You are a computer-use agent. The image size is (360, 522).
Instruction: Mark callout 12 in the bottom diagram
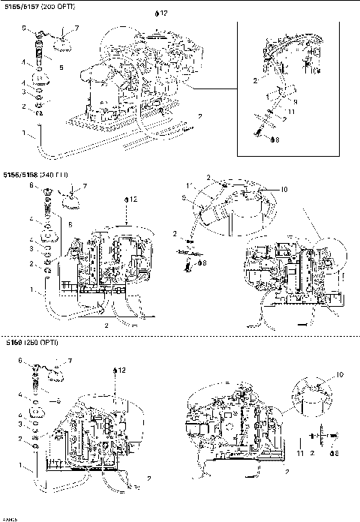click(x=118, y=370)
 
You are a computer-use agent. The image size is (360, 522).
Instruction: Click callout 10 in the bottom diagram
click(x=340, y=374)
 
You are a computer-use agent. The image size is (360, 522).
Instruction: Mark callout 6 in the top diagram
click(x=25, y=28)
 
